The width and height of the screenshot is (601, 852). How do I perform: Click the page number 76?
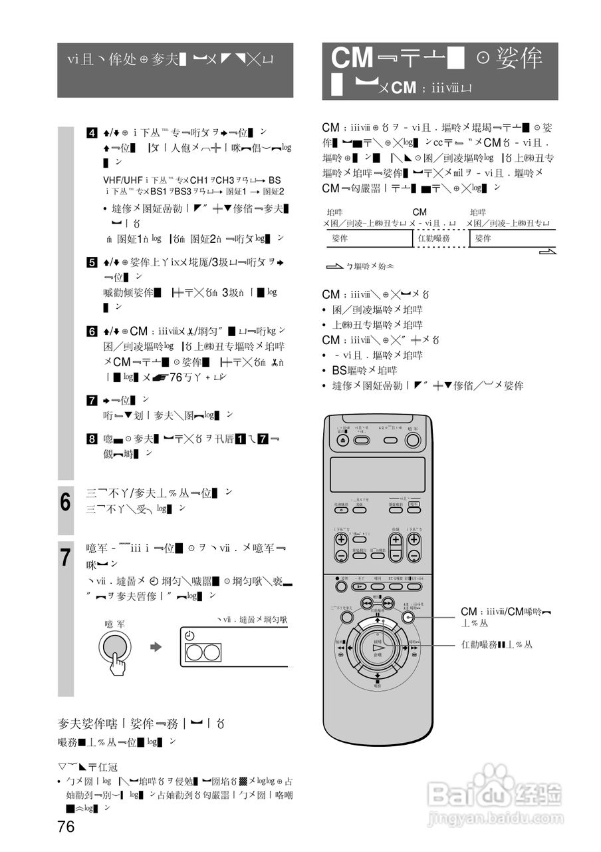pos(66,827)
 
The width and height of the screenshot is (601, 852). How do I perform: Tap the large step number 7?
pos(66,557)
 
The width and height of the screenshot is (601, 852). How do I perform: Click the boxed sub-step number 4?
pos(92,132)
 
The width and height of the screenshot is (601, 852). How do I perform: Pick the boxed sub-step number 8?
pos(92,439)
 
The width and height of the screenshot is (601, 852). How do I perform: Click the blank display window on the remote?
pos(378,474)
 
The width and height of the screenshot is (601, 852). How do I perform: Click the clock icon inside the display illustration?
pos(190,636)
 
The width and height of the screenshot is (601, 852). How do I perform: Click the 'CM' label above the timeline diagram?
pos(419,212)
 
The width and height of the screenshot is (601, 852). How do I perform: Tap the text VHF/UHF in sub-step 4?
pos(123,180)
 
